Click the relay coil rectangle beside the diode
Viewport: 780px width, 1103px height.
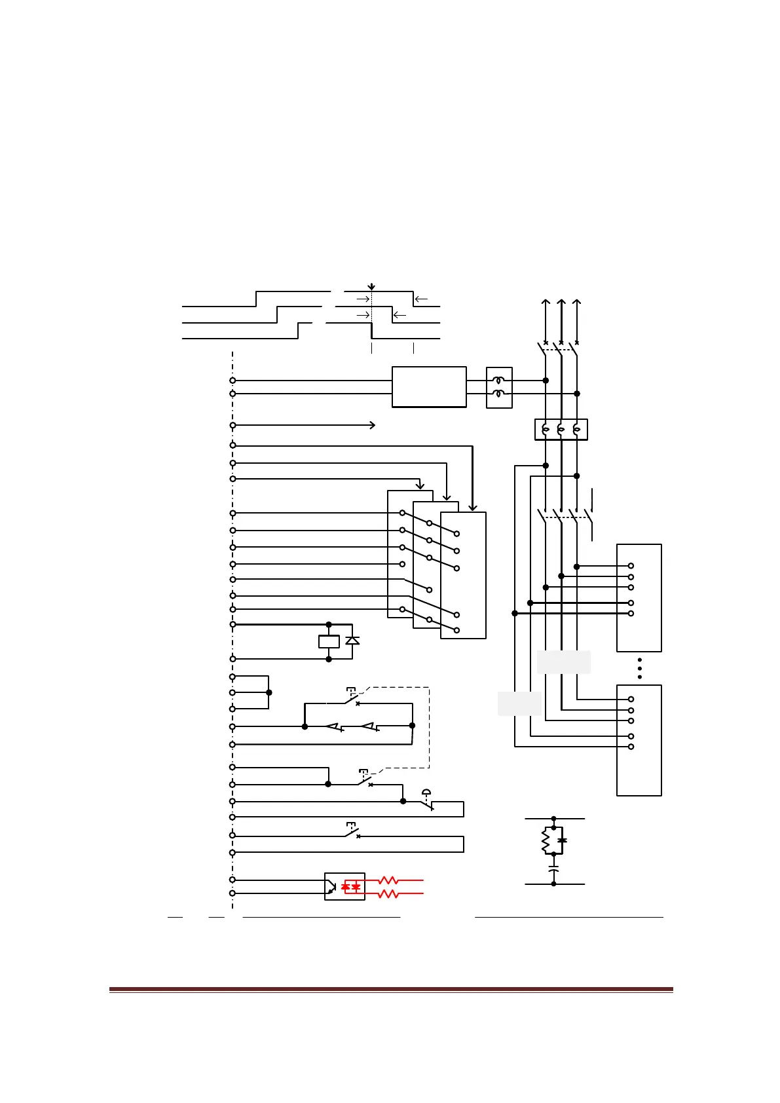point(329,641)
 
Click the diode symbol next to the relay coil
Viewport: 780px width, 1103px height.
point(352,640)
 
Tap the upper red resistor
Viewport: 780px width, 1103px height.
point(388,880)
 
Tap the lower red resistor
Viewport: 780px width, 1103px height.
point(388,893)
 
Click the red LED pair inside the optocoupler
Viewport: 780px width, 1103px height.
point(351,886)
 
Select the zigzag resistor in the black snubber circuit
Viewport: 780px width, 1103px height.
point(545,840)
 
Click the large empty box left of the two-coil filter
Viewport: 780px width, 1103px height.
point(429,387)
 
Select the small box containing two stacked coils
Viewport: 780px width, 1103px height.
point(499,387)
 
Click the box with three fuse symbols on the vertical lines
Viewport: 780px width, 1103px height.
point(561,430)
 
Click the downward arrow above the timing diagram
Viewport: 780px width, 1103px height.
point(371,287)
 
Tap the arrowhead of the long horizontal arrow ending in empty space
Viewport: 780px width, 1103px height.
point(373,425)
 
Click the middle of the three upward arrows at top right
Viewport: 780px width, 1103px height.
point(561,303)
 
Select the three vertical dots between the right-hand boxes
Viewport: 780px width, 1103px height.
point(639,668)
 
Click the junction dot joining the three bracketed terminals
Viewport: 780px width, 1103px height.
point(269,692)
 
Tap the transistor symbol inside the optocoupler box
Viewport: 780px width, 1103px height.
point(332,887)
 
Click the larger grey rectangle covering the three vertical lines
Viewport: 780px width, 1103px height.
point(563,662)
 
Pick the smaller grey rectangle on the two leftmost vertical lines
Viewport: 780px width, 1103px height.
point(519,703)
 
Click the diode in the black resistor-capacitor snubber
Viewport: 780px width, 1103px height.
point(561,840)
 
